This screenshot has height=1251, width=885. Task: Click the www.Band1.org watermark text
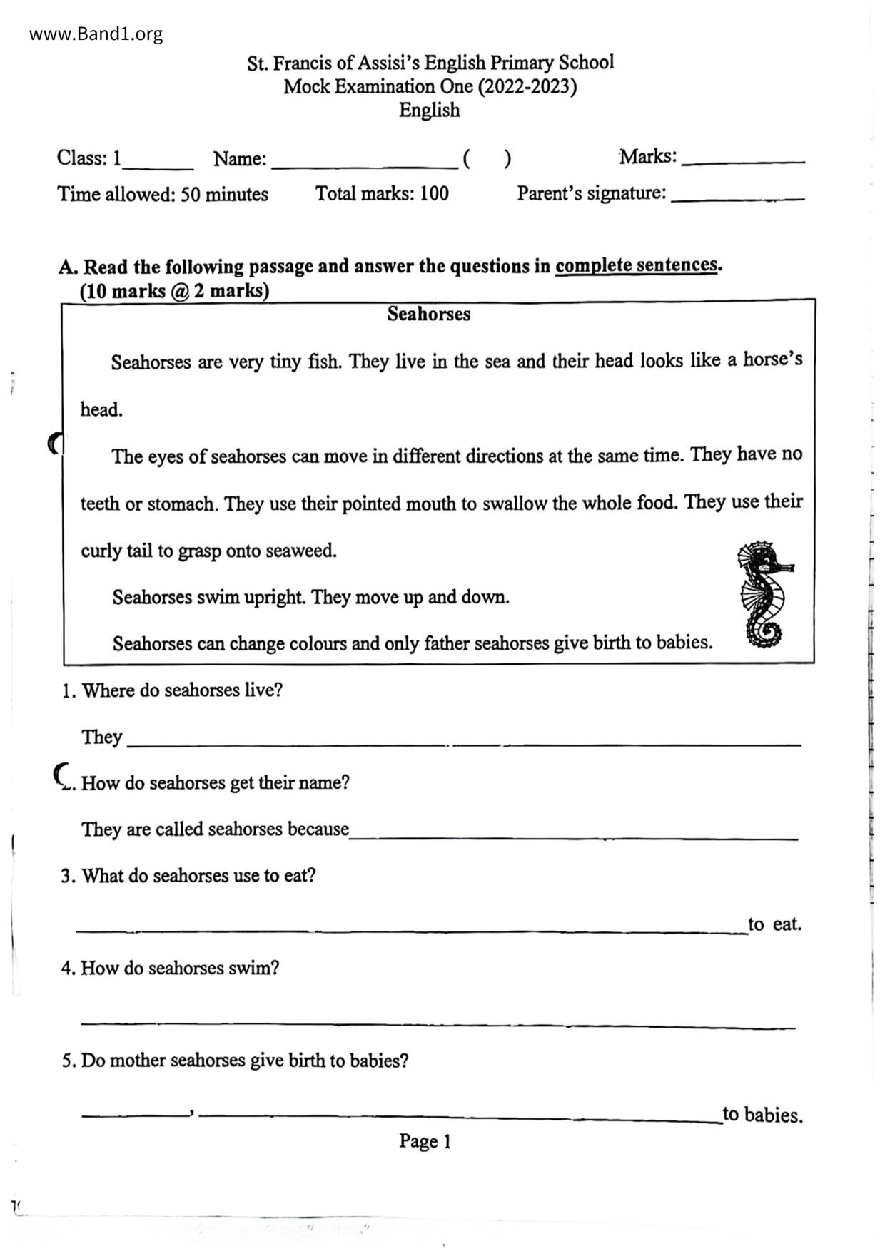click(96, 34)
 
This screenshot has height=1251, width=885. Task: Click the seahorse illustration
click(764, 595)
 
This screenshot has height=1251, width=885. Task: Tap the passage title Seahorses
click(428, 314)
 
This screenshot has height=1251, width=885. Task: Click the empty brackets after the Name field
click(487, 158)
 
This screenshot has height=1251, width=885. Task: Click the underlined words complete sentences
click(636, 265)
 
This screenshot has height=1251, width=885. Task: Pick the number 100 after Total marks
click(434, 193)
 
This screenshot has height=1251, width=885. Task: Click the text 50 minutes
click(224, 194)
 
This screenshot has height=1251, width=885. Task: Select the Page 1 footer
click(425, 1141)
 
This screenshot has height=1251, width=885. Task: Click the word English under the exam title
click(429, 111)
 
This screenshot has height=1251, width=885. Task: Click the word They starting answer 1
click(102, 737)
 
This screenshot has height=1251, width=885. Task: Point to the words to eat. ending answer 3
click(774, 924)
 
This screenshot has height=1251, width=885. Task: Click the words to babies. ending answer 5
click(762, 1114)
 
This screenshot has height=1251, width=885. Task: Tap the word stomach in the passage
click(181, 504)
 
